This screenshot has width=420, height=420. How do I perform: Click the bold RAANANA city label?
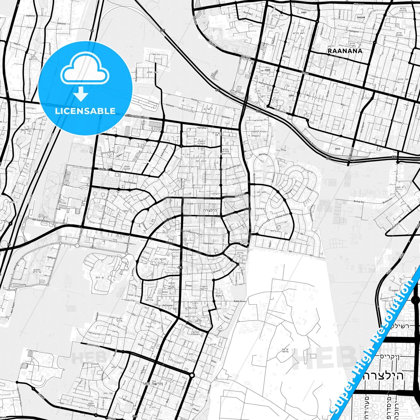tap(345, 51)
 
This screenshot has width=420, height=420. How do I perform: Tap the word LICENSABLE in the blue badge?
tap(85, 111)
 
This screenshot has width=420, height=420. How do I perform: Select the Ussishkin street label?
tap(209, 243)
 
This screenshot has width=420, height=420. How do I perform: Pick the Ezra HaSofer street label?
tap(130, 182)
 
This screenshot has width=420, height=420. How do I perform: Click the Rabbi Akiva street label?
tap(240, 301)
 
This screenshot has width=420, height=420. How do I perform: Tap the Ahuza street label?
tap(305, 73)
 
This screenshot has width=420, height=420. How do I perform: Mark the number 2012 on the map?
tap(337, 149)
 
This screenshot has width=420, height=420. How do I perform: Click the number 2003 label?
tap(304, 13)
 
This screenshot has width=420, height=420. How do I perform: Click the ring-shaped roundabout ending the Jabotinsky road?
tap(192, 375)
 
